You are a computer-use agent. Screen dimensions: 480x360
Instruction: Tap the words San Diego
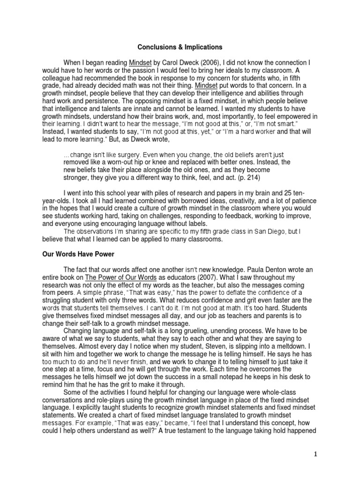270,232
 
